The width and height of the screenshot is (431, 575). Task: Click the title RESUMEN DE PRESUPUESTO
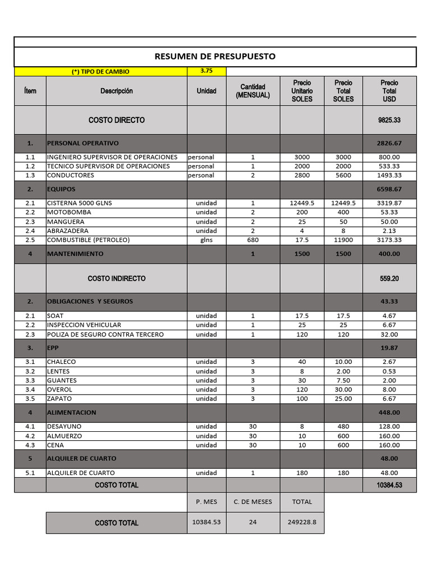point(215,57)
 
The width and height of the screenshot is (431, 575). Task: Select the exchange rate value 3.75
point(207,71)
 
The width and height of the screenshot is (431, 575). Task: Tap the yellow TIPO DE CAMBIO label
point(100,72)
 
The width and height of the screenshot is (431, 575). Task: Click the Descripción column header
point(117,91)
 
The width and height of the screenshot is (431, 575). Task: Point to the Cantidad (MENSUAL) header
point(253,91)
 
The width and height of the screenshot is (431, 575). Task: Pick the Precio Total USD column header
point(389,91)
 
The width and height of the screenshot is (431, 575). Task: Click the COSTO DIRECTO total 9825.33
point(389,120)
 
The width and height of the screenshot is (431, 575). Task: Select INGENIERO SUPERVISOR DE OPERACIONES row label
point(112,157)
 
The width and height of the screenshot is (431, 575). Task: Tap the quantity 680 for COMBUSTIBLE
point(253,240)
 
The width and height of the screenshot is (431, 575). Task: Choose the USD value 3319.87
point(389,203)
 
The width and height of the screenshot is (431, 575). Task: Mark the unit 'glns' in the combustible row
point(207,240)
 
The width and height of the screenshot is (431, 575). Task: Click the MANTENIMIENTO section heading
point(75,254)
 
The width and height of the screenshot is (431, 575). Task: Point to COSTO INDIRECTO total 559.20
point(389,279)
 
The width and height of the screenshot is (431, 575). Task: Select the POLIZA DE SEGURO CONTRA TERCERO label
point(106,334)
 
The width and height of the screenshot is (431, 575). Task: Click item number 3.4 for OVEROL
point(30,390)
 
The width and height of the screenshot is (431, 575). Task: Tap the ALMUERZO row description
point(65,436)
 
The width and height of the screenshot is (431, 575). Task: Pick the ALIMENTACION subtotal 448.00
point(389,413)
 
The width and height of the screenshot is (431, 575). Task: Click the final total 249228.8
point(302,522)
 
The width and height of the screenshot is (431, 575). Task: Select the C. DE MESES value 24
point(253,522)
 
